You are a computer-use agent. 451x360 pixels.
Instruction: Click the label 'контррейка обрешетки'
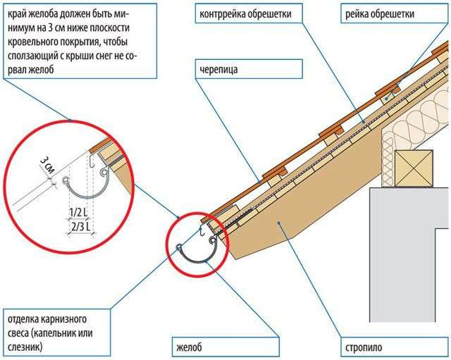[245, 14]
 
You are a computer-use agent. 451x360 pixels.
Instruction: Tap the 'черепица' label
[218, 70]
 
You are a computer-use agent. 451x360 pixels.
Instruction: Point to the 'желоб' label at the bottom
[189, 347]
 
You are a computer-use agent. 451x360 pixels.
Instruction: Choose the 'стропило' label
[364, 347]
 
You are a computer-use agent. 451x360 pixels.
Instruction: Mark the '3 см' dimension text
[47, 165]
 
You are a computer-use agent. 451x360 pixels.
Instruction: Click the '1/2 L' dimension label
[78, 213]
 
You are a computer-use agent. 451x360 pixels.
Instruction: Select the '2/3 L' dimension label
[80, 227]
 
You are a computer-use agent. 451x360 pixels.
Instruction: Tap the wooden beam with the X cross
[414, 168]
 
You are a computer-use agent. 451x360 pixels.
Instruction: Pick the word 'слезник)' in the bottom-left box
[25, 347]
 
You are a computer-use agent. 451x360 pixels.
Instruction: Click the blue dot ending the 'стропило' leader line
[278, 222]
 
